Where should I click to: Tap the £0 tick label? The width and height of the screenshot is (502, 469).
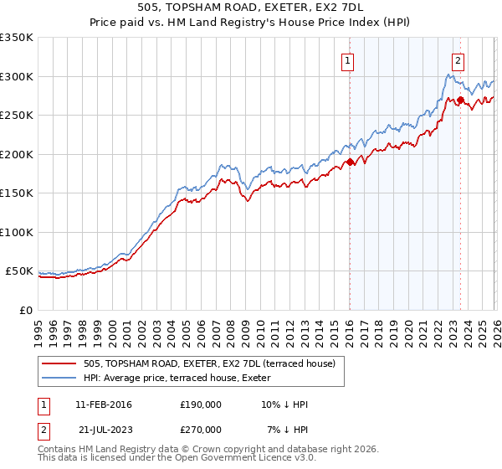pos(26,310)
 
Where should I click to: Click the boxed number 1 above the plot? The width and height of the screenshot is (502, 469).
pos(347,60)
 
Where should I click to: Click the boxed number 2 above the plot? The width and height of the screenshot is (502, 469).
pos(458,60)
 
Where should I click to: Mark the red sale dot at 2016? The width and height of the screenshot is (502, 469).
pos(350,162)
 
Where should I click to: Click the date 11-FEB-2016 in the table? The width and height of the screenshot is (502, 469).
pos(104,405)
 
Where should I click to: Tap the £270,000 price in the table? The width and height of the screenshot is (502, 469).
pos(201,429)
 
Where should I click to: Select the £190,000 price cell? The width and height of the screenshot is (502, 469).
pos(201,405)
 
